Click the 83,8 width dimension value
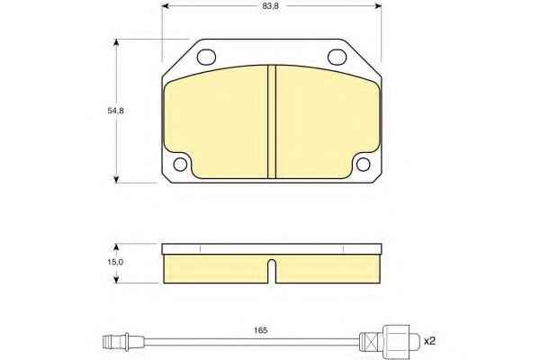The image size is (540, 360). click(271, 6)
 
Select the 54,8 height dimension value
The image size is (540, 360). click(115, 111)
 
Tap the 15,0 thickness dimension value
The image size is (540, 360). click(115, 262)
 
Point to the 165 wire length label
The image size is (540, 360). click(261, 330)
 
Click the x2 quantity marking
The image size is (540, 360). click(429, 341)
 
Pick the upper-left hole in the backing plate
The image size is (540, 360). click(206, 57)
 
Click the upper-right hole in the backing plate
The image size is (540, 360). click(337, 57)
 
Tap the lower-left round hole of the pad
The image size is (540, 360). click(180, 165)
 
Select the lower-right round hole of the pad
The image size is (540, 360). click(363, 165)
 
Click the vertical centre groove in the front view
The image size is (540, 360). click(272, 122)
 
